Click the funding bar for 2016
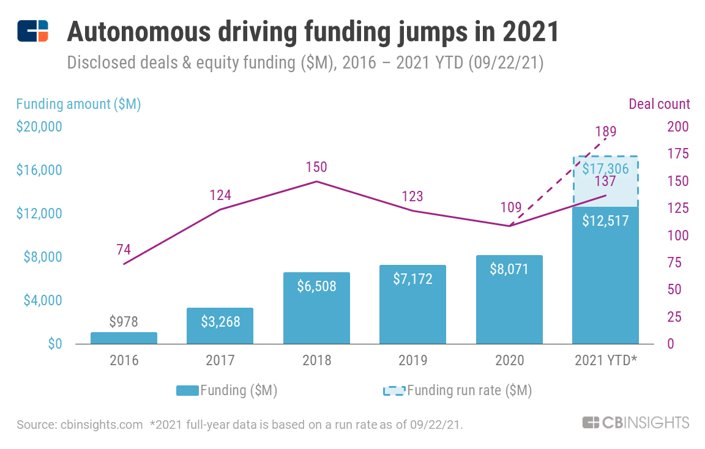pos(124,338)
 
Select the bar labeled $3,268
pos(220,326)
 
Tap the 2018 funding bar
pos(316,308)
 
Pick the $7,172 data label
pos(412,279)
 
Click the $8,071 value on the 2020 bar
pos(509,269)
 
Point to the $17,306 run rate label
pos(605,168)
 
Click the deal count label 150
pos(316,167)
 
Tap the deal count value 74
pos(124,250)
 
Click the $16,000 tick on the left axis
pos(39,170)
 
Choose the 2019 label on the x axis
pos(412,360)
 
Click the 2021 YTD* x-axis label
pos(606,360)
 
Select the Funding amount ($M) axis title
pos(78,104)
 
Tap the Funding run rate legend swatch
pos(394,390)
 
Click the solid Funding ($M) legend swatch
pos(187,390)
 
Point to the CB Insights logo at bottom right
pos(636,423)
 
